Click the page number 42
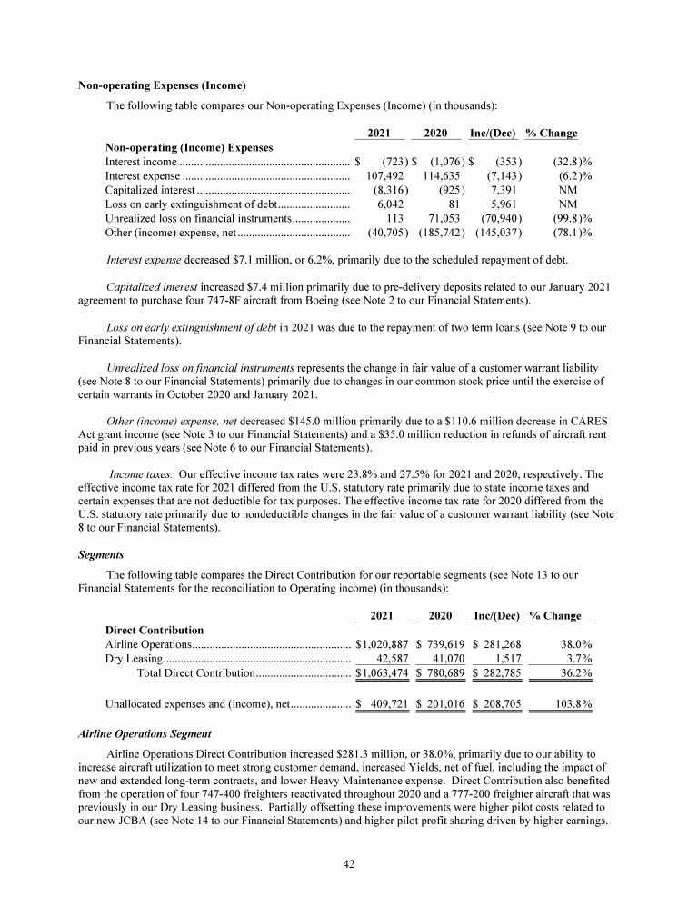coord(348,863)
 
